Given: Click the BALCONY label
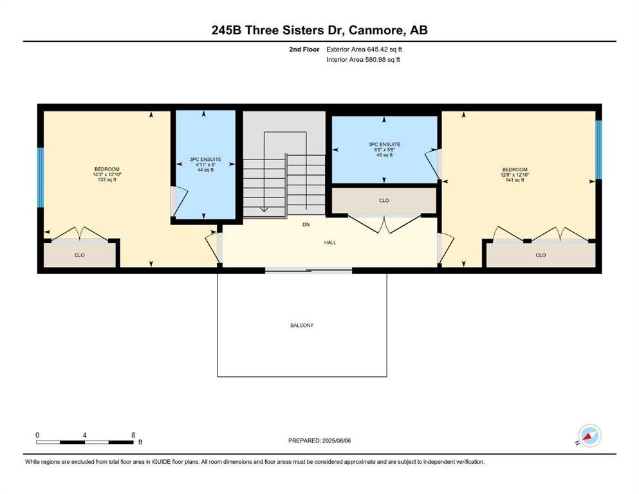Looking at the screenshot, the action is tap(302, 325).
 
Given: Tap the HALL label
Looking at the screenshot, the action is tap(330, 242).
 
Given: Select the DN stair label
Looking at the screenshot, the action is tap(306, 224).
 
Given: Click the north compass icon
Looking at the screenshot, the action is tap(589, 436).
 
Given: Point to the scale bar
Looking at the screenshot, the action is tap(85, 443).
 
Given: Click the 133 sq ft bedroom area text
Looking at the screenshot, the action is tap(107, 179).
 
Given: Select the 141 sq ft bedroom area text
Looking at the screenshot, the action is tap(515, 180).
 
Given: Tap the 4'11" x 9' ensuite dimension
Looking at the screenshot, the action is tap(205, 165).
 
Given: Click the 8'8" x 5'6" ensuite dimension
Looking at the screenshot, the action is tap(384, 149).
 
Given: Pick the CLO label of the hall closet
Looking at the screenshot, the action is tap(384, 201).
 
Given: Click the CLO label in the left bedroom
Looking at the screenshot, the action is tap(79, 255).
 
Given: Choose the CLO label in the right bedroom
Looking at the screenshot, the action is tap(541, 255).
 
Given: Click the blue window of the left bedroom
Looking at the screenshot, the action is tap(41, 178).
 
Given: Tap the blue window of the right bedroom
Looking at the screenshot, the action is tap(598, 149).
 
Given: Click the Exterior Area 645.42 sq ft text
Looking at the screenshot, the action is tap(364, 50).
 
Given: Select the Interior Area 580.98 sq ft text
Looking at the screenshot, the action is tap(363, 59).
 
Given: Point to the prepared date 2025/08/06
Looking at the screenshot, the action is tap(319, 441).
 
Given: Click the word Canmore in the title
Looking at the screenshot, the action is tap(376, 30).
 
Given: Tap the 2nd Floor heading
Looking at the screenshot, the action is tap(304, 50).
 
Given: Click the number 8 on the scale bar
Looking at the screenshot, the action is tap(133, 435).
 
